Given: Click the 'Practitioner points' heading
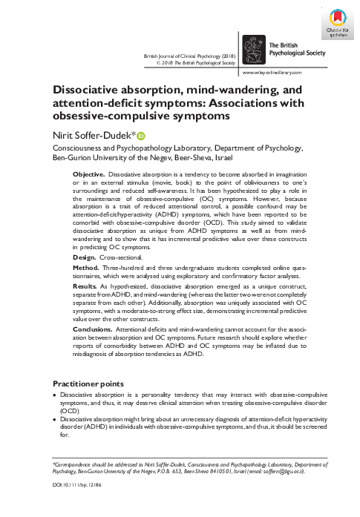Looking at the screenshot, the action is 85,383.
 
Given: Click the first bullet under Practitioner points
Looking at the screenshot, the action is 54,396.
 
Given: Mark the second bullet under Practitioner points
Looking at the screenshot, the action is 54,420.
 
